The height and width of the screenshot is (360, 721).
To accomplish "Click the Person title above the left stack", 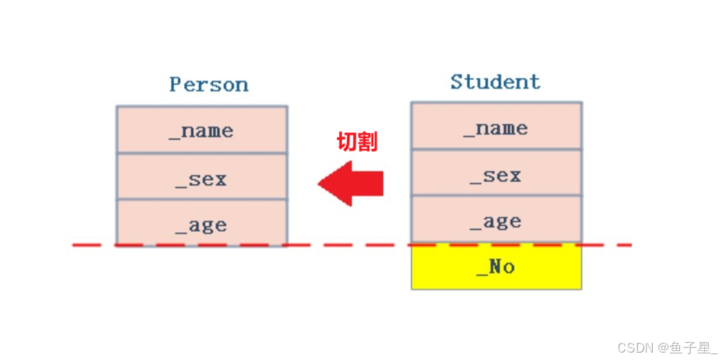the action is (x=209, y=85).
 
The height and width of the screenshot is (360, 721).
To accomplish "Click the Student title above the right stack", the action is (x=495, y=82).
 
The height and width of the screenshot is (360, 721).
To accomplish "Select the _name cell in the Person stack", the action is (x=202, y=130).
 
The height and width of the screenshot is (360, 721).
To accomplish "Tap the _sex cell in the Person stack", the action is (x=202, y=177).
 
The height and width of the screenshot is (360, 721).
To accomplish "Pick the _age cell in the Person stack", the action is (x=202, y=223).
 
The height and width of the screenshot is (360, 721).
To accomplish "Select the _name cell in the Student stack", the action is (x=497, y=126).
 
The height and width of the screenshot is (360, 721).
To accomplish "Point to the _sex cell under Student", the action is (x=497, y=173).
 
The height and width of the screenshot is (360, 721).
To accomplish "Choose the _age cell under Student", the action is (x=497, y=219).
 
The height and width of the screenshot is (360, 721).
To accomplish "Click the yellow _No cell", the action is (x=497, y=266).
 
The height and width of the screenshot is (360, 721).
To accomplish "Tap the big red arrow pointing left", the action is (x=350, y=183).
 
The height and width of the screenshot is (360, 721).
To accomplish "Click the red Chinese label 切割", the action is (x=358, y=142).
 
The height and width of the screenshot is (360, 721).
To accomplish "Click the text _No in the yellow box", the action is (x=495, y=267).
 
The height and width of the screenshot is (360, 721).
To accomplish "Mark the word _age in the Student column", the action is (x=495, y=223).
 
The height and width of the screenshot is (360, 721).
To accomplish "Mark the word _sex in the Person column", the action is (x=201, y=179).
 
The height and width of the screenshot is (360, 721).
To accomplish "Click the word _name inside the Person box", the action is (x=201, y=132).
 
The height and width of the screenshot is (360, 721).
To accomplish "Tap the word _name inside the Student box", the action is (x=495, y=128).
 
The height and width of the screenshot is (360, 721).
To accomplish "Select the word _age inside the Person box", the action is (x=201, y=226).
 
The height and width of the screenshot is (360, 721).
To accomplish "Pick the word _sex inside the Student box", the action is (x=495, y=176).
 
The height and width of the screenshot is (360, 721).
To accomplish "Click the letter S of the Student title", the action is (x=456, y=82).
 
